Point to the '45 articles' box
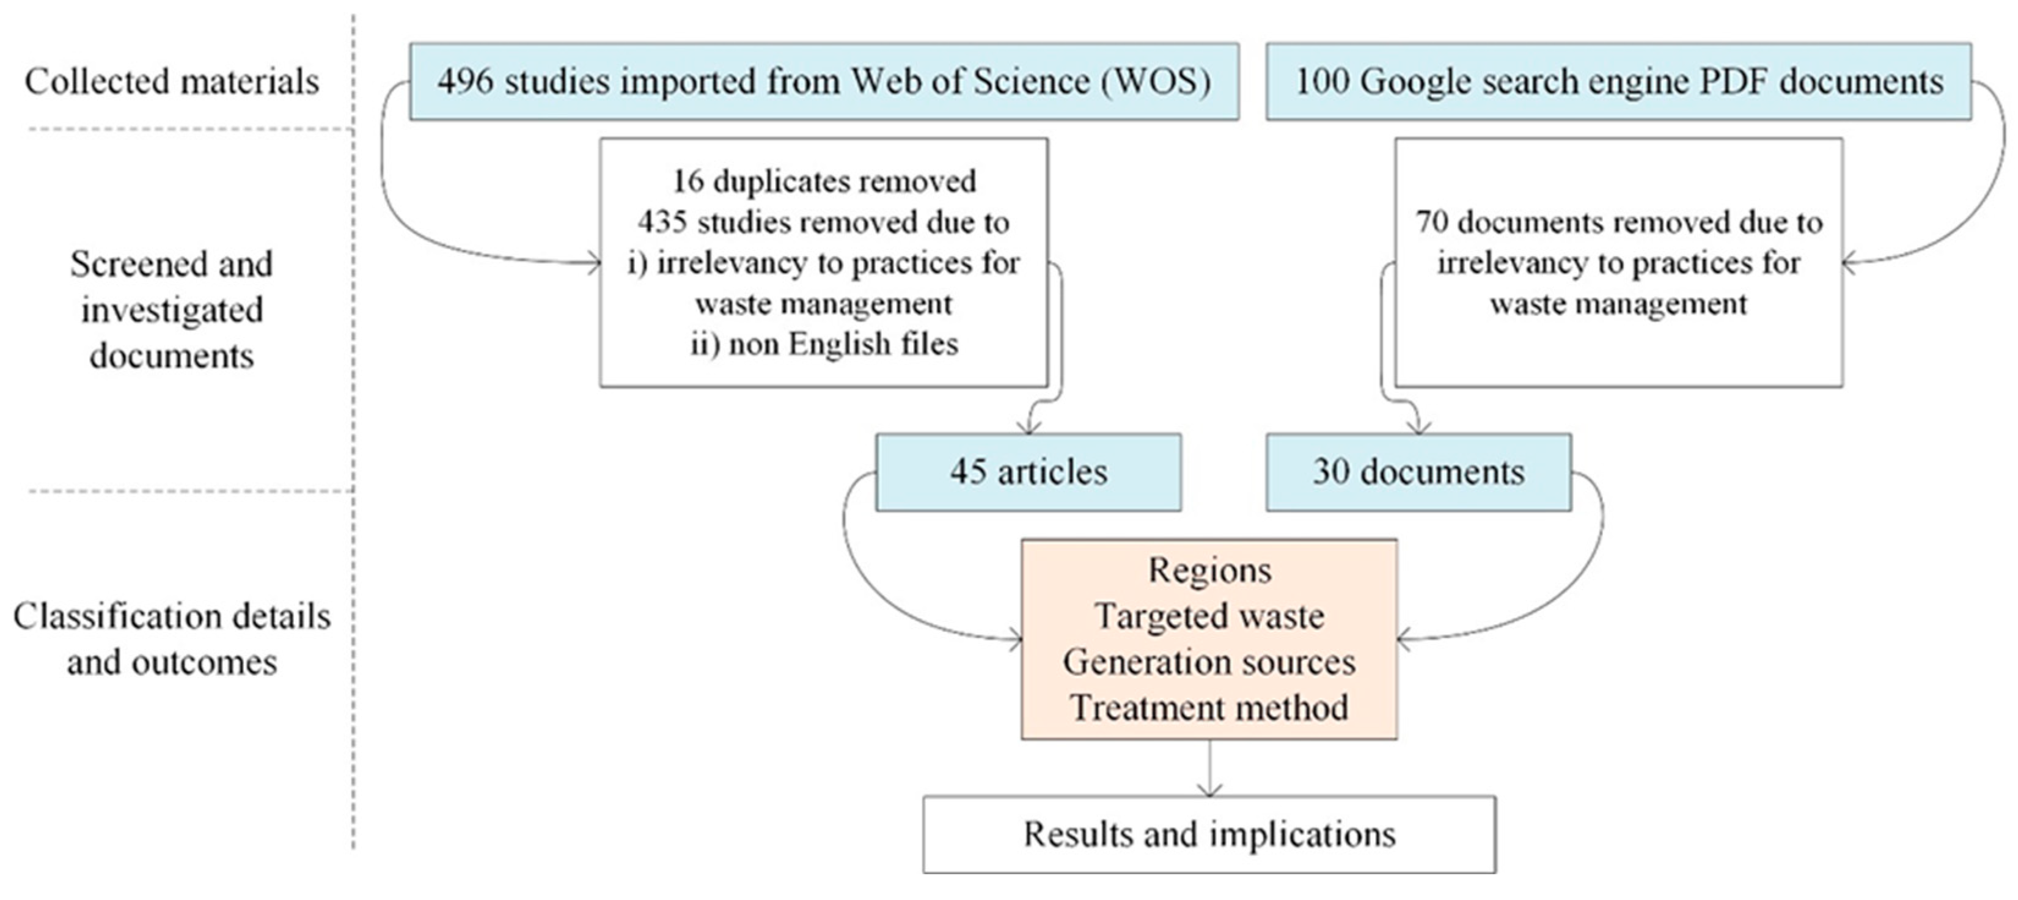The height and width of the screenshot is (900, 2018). click(1028, 472)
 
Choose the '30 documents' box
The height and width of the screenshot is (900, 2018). click(1418, 472)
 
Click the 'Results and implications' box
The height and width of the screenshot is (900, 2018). click(1209, 834)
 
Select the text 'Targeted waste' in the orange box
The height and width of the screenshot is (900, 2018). click(1209, 616)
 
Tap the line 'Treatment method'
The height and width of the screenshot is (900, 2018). click(1209, 708)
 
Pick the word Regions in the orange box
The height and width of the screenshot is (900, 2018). click(1209, 570)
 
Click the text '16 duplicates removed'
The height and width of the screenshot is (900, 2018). click(823, 181)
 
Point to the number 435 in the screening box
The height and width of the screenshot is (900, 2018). click(662, 222)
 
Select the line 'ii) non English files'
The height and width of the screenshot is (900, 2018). click(823, 344)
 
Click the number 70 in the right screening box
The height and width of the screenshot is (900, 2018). click(1431, 222)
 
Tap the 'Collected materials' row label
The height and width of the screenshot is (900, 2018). click(172, 81)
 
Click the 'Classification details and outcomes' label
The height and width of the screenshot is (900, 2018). click(172, 639)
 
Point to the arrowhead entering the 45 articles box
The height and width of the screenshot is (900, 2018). click(1030, 427)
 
